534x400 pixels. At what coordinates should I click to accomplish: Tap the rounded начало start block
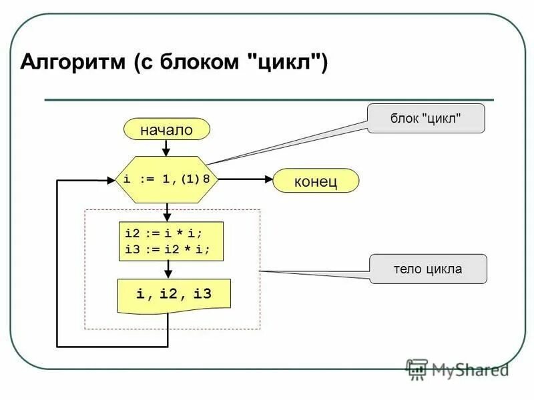pos(166,129)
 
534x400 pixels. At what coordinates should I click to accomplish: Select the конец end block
pos(316,181)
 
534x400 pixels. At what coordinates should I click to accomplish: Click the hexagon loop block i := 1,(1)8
pos(168,179)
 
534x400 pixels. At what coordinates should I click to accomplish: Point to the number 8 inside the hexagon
pos(207,179)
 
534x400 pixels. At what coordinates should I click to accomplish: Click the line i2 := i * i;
pos(164,233)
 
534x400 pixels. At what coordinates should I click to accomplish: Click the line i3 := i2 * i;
pos(167,249)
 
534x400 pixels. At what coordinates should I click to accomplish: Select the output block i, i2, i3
pos(174,293)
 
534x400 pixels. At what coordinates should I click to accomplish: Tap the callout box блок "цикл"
pos(426,118)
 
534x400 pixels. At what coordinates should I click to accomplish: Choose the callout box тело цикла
pos(428,269)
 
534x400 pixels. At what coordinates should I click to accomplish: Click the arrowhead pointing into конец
pos(268,179)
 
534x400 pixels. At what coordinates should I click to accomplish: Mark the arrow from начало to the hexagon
pos(168,148)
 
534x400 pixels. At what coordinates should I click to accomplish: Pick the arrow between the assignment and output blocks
pos(168,269)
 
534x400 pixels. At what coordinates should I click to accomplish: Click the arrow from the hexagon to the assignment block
pos(168,213)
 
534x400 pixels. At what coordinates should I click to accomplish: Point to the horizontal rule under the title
pos(267,100)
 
